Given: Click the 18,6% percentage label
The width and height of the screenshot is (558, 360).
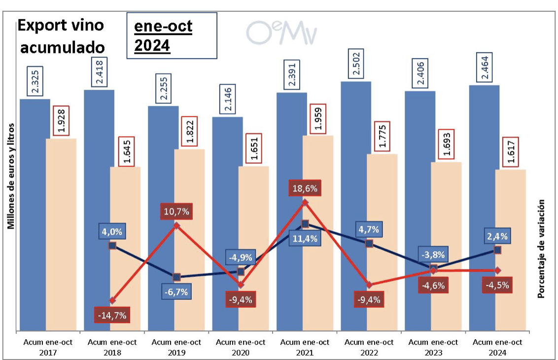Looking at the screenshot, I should [x=306, y=188].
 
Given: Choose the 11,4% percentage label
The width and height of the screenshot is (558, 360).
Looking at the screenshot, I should [x=306, y=239].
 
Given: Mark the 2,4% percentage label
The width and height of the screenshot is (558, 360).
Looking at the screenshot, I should [x=497, y=236].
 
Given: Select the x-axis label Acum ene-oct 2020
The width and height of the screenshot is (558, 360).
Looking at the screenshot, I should [x=241, y=347].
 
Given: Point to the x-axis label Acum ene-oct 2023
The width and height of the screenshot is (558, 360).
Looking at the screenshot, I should [x=433, y=347].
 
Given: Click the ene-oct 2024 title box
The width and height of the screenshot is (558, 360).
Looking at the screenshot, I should [x=172, y=36].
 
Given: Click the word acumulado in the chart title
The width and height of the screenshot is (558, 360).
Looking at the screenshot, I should [x=61, y=47].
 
